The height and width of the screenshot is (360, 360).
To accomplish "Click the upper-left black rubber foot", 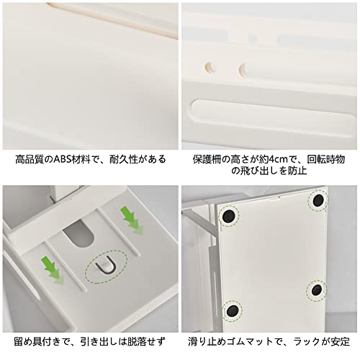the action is click(x=229, y=216).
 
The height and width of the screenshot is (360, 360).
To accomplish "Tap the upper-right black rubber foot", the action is click(x=318, y=200).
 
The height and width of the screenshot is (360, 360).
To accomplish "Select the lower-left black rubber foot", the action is click(x=233, y=311).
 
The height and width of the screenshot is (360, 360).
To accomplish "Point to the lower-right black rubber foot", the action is click(x=317, y=290).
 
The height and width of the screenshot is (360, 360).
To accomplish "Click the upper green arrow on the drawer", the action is click(x=132, y=220).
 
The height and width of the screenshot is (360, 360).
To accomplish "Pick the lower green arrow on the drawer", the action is click(x=53, y=270).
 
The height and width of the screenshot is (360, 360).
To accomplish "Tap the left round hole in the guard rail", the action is click(x=210, y=68).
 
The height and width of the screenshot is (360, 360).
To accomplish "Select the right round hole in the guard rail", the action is click(x=243, y=69).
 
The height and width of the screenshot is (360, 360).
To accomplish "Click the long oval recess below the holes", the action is click(x=274, y=117).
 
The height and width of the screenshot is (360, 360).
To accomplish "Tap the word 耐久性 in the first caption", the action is click(x=124, y=159).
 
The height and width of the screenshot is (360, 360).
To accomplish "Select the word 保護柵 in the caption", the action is click(x=207, y=159).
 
